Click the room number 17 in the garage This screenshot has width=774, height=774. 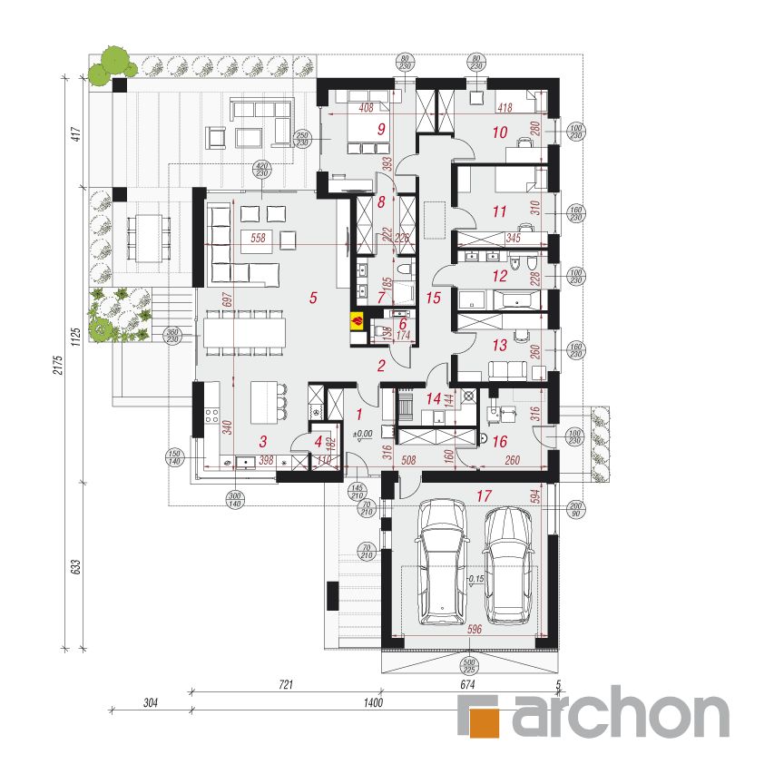click(483, 496)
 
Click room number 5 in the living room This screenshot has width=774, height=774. click(313, 296)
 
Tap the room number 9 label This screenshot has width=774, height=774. click(382, 130)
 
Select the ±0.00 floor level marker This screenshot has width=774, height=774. click(363, 435)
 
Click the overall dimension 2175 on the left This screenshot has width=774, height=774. click(57, 365)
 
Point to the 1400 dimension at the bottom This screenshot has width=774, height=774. click(373, 702)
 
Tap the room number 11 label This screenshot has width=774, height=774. click(498, 213)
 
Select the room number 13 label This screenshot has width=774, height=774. click(499, 345)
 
